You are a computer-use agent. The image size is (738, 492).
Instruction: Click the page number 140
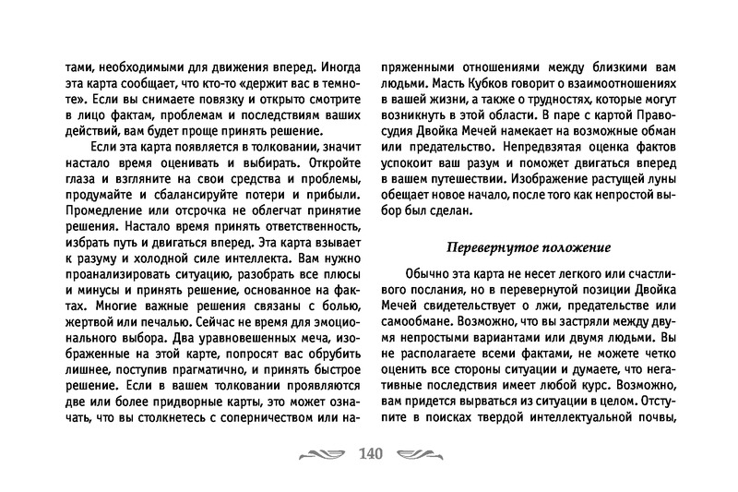point(368,453)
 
